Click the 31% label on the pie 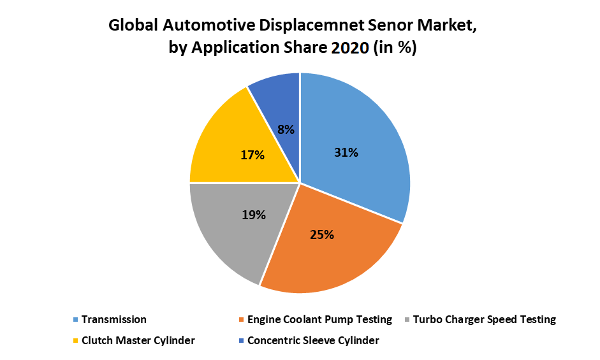click(346, 152)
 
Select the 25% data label click(322, 234)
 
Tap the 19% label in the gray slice click(253, 215)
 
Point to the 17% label click(252, 155)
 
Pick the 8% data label click(286, 129)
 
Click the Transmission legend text click(113, 319)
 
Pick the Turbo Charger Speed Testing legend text click(484, 319)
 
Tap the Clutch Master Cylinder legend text click(138, 340)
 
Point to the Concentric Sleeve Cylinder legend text click(313, 340)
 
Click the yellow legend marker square click(75, 341)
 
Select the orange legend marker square click(241, 320)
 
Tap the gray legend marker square click(407, 320)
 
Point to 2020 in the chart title click(350, 48)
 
